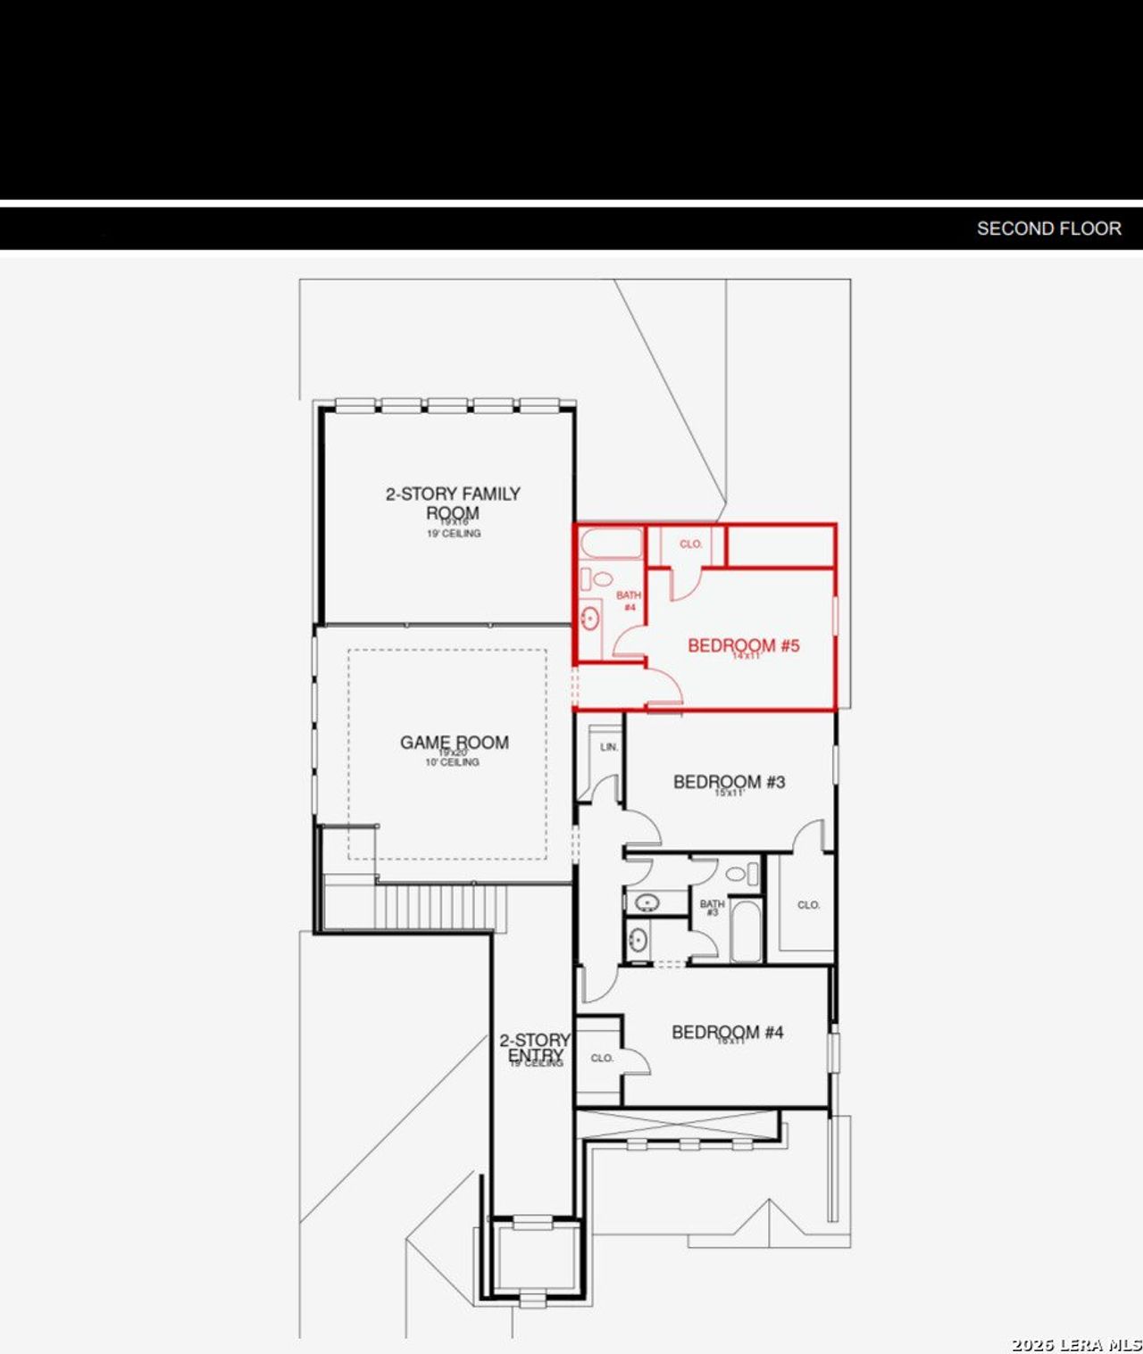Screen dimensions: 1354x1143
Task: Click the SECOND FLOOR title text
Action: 1048,228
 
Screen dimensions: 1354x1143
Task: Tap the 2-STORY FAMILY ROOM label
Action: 453,503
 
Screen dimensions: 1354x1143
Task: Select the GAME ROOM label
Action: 454,743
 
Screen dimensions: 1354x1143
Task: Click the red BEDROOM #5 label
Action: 743,645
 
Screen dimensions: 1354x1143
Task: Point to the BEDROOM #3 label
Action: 729,782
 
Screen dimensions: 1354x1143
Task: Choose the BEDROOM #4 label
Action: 727,1033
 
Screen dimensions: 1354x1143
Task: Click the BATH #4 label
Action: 629,601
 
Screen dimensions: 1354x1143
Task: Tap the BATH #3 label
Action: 712,908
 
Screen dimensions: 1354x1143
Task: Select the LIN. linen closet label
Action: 609,747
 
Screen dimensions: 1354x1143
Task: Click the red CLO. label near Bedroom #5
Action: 690,544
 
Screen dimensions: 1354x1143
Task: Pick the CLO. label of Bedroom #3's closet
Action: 808,905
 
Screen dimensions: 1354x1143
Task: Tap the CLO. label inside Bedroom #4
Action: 602,1058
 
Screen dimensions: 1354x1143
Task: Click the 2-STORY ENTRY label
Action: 535,1048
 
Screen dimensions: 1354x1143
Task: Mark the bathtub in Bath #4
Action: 611,544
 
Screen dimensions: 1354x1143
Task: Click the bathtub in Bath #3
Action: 746,931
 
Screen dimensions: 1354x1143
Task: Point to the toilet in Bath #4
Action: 599,579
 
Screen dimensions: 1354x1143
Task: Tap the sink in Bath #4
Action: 589,617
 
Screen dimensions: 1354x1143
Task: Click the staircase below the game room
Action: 438,907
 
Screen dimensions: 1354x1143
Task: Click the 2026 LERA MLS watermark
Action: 1076,1344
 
